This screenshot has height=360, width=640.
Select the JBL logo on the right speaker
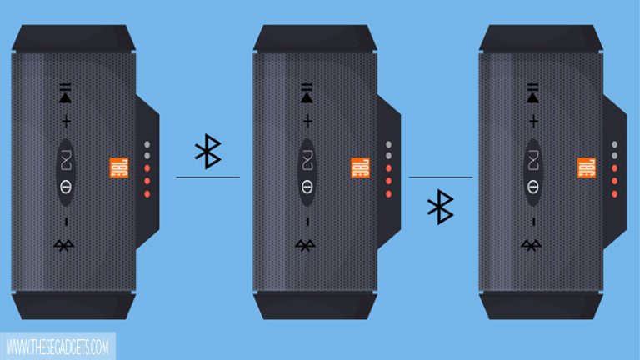pos(587,168)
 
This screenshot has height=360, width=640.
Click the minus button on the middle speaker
pos(307,221)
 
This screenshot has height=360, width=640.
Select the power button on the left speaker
pos(65,183)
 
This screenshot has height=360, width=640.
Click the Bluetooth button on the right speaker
pos(531,244)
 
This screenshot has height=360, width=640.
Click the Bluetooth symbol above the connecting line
pos(207,150)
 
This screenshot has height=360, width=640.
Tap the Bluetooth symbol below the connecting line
pos(439,207)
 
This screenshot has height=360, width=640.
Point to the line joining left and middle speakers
pos(207,177)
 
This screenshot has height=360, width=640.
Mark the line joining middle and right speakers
pos(440,177)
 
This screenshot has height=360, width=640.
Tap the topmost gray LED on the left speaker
pos(147,143)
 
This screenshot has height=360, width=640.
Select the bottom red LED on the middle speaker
pos(388,193)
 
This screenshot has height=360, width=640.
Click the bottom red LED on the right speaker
pos(615,193)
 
